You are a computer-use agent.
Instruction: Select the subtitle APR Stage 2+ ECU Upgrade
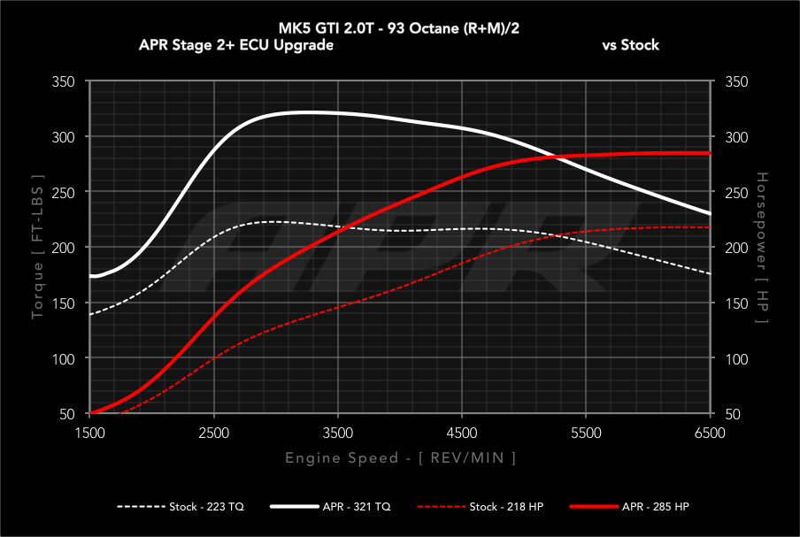click(x=236, y=45)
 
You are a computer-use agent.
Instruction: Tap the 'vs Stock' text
click(x=630, y=45)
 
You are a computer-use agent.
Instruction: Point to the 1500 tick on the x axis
click(x=90, y=433)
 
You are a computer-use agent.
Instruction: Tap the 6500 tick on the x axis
click(x=711, y=433)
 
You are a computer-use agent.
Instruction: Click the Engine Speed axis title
click(x=400, y=457)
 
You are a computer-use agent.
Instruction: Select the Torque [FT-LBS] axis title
click(x=38, y=248)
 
